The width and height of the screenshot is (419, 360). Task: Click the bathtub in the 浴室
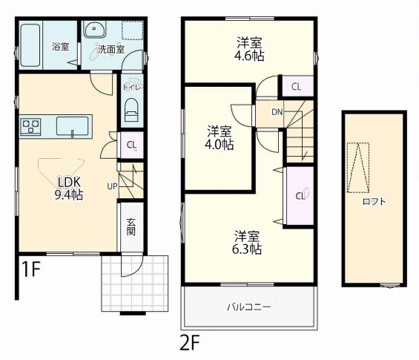pyautogui.click(x=30, y=45)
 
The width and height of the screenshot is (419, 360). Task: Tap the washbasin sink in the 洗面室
pyautogui.click(x=94, y=29)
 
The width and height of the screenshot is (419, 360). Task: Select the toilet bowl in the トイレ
pyautogui.click(x=131, y=110)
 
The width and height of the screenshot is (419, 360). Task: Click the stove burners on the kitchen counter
pyautogui.click(x=30, y=126)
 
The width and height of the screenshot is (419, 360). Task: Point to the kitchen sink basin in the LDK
pyautogui.click(x=72, y=126)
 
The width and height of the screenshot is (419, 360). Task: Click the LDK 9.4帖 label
pyautogui.click(x=69, y=189)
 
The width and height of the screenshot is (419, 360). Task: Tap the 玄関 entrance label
pyautogui.click(x=131, y=227)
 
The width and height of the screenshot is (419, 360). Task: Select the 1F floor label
pyautogui.click(x=30, y=269)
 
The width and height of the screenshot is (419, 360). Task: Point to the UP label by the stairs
pyautogui.click(x=112, y=186)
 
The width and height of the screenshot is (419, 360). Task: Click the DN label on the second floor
pyautogui.click(x=277, y=112)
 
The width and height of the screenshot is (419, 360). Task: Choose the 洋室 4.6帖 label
pyautogui.click(x=249, y=49)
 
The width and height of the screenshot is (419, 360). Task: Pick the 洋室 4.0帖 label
pyautogui.click(x=219, y=137)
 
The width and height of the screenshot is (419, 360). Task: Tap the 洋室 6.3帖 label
pyautogui.click(x=247, y=242)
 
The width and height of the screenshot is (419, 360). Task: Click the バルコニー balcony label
pyautogui.click(x=248, y=307)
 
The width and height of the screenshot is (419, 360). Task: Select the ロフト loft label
pyautogui.click(x=374, y=201)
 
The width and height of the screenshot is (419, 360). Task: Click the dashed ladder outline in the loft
pyautogui.click(x=358, y=168)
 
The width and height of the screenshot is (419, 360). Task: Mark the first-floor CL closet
pyautogui.click(x=132, y=145)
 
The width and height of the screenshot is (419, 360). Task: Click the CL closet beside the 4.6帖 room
pyautogui.click(x=297, y=86)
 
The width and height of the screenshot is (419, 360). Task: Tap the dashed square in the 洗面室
pyautogui.click(x=133, y=30)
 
